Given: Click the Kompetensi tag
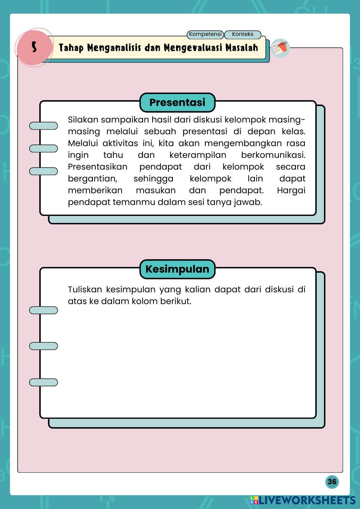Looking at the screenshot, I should coord(205,34).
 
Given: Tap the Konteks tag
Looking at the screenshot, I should coord(242,34).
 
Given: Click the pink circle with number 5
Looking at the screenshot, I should coord(34,47).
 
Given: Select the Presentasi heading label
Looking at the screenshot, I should coord(177,102).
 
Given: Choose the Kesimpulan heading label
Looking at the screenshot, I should coord(177,269).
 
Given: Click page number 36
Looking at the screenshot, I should coord(332,482).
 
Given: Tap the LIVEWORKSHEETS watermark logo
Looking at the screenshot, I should coord(302,500).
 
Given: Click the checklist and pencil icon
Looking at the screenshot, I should coord(280,48).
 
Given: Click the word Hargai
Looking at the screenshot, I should coord(291,190).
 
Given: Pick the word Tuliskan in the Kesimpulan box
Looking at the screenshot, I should coord(85,289).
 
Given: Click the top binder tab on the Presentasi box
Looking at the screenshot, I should coord(43,126).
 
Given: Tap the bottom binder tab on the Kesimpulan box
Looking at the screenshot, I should coord(43,382).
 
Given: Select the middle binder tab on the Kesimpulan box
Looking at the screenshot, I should coord(43,346).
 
